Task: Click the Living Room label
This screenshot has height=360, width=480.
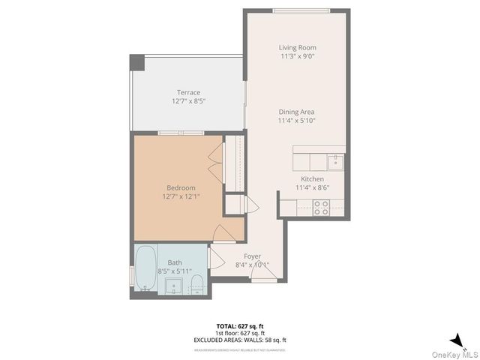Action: [298, 47]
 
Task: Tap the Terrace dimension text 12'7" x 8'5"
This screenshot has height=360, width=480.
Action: [188, 100]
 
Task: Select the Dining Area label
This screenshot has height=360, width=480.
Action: [297, 112]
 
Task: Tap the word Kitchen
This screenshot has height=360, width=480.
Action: [312, 179]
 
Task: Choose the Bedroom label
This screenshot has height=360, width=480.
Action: [181, 187]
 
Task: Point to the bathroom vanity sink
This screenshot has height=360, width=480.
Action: [174, 286]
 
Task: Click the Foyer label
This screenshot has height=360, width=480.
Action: [252, 256]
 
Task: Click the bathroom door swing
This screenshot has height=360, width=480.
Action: [217, 259]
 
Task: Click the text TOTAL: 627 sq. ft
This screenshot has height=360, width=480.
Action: [240, 326]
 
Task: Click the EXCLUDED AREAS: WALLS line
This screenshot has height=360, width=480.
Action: [240, 340]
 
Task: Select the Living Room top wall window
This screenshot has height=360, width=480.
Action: [301, 10]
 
